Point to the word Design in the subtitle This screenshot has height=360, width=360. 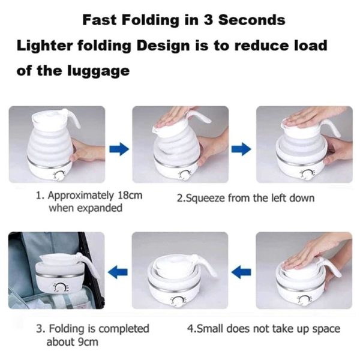[161, 45]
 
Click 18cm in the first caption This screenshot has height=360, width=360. [130, 196]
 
